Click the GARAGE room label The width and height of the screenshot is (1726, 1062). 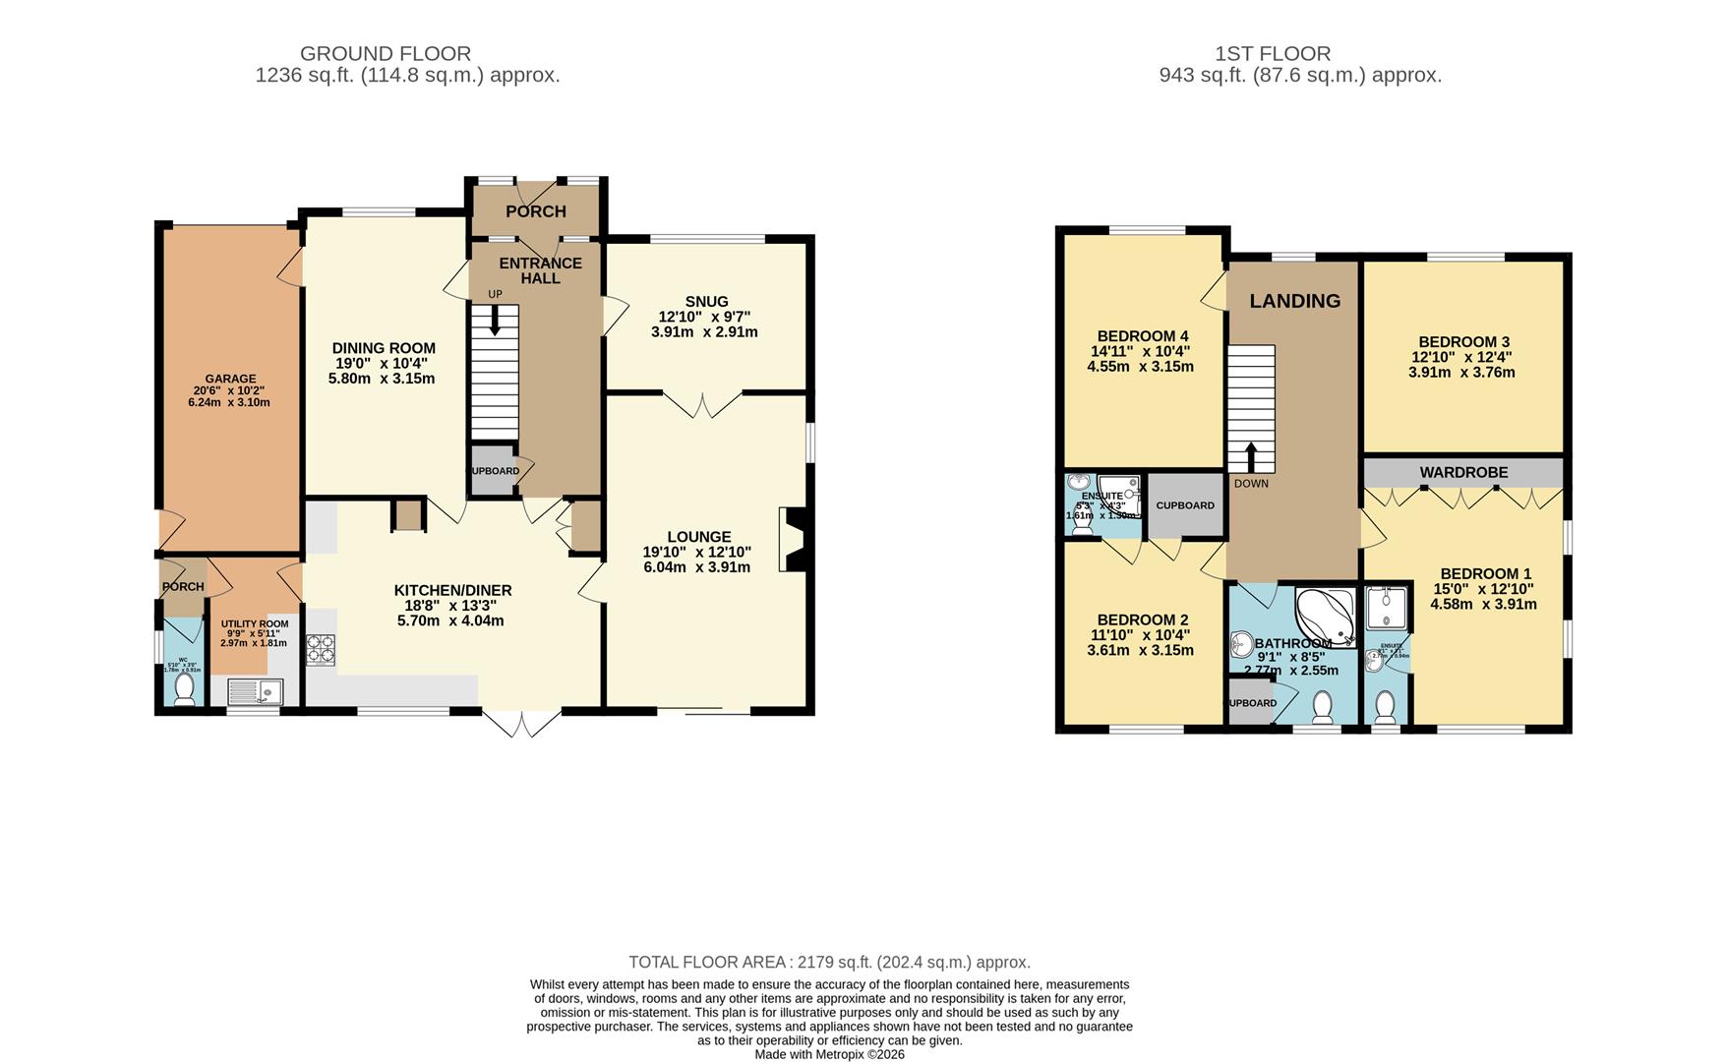(230, 379)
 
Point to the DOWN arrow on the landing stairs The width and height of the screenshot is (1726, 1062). (1251, 458)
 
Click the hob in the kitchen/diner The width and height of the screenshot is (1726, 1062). (321, 649)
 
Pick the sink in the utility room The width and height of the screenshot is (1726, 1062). (255, 693)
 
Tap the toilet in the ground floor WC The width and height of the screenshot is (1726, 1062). (183, 691)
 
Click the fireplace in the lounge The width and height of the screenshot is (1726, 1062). (793, 539)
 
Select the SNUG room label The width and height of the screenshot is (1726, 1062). (707, 302)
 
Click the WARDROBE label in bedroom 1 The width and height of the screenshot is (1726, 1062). (1463, 473)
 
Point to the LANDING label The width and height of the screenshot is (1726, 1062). (1294, 301)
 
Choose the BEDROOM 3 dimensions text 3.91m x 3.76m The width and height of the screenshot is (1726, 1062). (1461, 373)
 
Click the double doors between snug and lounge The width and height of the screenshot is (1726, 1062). (702, 404)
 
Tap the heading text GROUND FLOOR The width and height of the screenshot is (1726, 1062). (386, 54)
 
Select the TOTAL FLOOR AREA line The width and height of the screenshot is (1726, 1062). (829, 962)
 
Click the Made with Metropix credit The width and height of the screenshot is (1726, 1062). (829, 1054)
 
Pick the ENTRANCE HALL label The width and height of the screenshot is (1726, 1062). (540, 270)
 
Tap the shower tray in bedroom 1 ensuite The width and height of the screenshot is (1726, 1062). (1387, 609)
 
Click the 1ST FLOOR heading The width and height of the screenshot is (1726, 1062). (1273, 54)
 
